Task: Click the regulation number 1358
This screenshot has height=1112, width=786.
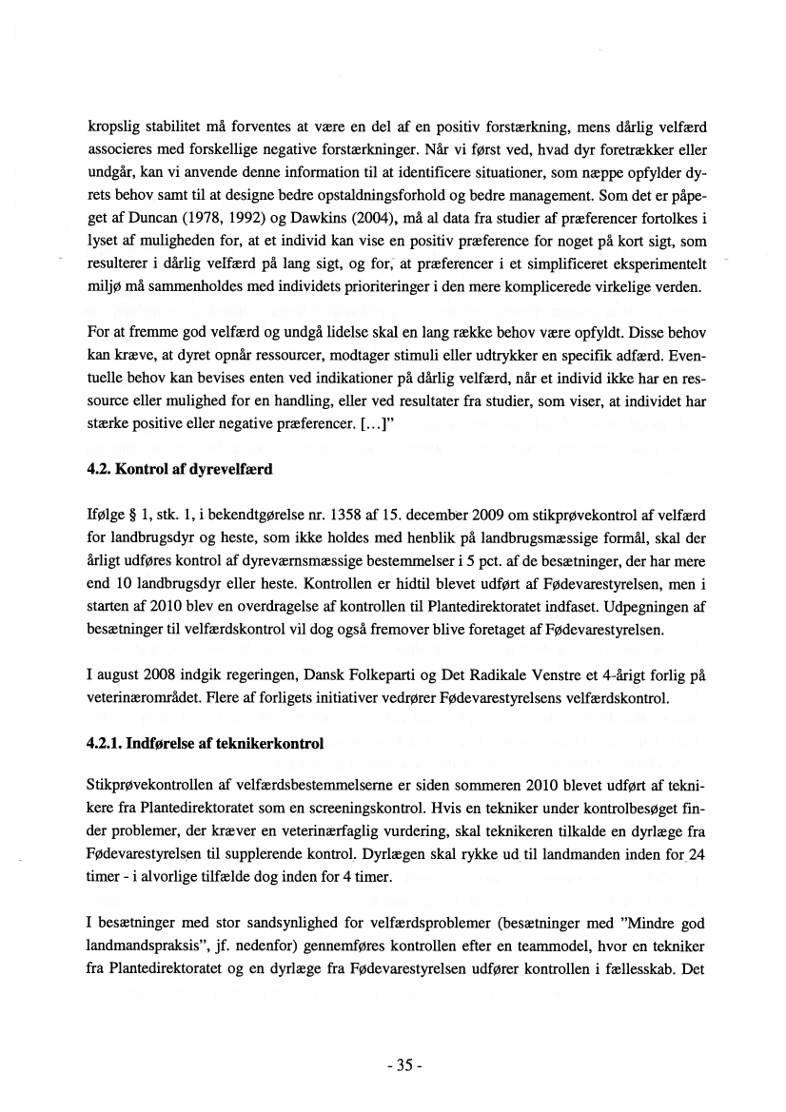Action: [305, 516]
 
